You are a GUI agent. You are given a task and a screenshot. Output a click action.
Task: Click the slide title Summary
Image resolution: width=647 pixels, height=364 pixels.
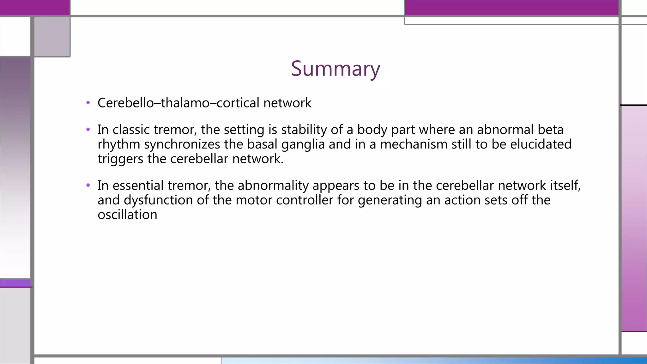pos(336,69)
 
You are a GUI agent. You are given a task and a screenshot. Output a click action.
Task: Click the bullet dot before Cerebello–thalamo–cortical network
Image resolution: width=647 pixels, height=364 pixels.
pos(88,103)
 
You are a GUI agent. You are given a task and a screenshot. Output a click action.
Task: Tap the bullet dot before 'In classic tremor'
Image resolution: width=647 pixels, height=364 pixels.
pos(88,130)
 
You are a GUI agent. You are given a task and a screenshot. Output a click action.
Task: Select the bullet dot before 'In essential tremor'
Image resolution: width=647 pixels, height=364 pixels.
pos(88,185)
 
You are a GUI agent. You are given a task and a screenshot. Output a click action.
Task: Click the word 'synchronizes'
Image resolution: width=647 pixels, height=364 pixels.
pos(182,144)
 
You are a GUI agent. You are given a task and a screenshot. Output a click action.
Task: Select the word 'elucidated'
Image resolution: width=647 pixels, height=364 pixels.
pos(541,144)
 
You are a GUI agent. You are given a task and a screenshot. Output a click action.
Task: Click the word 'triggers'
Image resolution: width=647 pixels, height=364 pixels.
pos(120,159)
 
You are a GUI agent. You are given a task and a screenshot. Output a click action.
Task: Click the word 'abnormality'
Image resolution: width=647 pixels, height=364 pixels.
pos(273,185)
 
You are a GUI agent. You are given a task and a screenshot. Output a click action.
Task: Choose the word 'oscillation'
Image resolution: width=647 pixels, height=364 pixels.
pos(127,215)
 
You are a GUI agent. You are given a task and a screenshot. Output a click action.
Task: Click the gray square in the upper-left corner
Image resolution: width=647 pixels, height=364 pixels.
pos(52,37)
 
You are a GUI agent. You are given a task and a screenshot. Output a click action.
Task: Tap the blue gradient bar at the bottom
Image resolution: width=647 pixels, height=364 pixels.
pos(433,361)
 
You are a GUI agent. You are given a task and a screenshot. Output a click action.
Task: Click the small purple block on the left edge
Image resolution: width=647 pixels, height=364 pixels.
pos(15,283)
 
